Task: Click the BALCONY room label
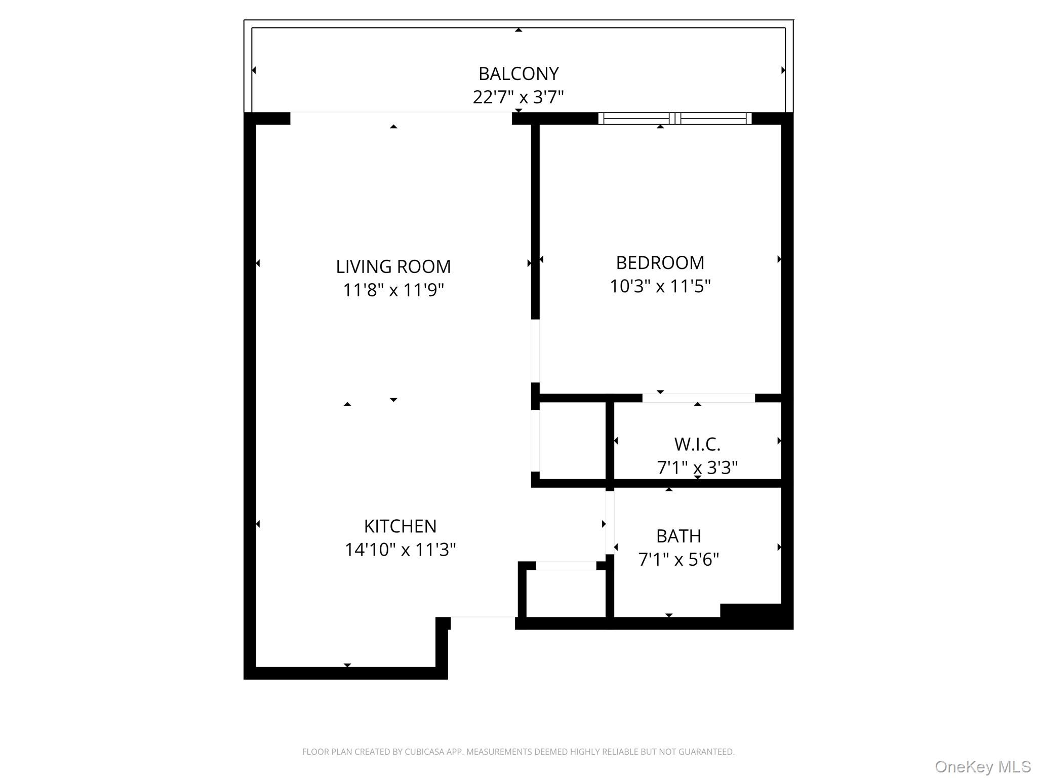[x=518, y=74]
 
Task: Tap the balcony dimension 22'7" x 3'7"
[x=518, y=97]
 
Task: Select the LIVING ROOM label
[x=393, y=266]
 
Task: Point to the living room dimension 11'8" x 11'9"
[x=393, y=290]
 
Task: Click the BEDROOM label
[x=660, y=263]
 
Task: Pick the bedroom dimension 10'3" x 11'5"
[x=660, y=287]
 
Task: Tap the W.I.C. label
[x=697, y=444]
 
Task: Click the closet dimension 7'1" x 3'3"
[x=697, y=468]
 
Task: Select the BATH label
[x=678, y=536]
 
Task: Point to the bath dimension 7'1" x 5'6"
[x=678, y=560]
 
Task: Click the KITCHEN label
[x=400, y=526]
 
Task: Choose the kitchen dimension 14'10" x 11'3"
[x=400, y=550]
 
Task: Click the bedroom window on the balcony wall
[x=674, y=119]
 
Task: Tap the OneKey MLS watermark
[x=982, y=767]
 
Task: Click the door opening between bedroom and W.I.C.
[x=698, y=398]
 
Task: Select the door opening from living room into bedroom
[x=535, y=351]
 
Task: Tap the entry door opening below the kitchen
[x=483, y=617]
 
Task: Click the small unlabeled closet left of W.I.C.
[x=573, y=441]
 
